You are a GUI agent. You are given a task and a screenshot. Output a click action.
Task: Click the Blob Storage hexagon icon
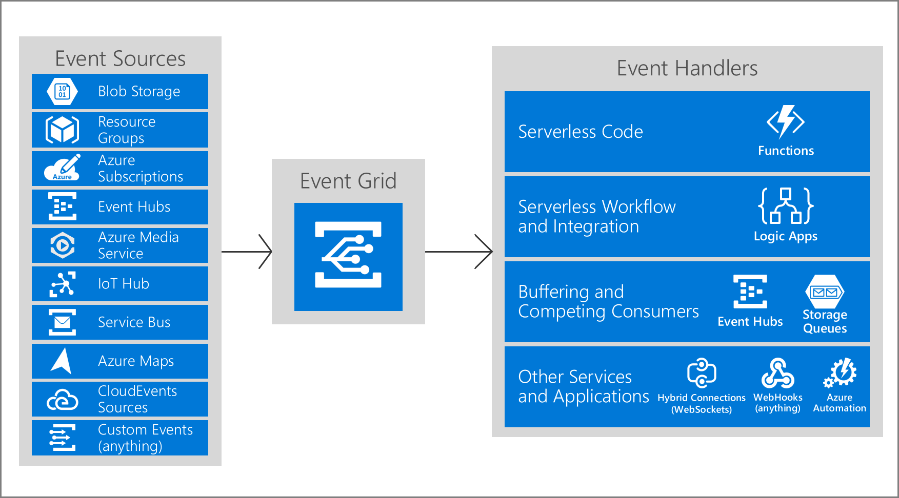(62, 92)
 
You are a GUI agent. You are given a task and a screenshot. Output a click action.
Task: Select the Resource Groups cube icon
(62, 130)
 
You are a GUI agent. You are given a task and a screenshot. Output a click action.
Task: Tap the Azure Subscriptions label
(140, 169)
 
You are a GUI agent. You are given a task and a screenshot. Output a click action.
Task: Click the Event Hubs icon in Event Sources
(62, 206)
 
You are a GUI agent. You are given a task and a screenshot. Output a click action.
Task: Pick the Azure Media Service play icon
(62, 245)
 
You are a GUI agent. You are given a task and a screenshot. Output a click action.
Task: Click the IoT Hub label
(123, 284)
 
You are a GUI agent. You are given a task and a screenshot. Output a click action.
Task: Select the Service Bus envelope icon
(62, 322)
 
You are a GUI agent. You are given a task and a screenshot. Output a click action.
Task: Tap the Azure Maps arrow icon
(62, 361)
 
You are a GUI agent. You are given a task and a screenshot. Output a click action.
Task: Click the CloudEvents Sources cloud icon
(62, 400)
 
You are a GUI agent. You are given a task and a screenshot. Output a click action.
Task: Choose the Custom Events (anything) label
(145, 438)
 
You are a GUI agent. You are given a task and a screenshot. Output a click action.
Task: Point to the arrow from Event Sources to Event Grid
(247, 252)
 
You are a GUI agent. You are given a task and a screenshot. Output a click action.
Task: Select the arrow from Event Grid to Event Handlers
(459, 252)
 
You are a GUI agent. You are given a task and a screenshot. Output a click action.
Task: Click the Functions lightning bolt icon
(785, 122)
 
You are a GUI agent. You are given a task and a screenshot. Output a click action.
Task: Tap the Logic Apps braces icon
(785, 206)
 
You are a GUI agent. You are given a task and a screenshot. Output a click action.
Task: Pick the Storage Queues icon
(825, 292)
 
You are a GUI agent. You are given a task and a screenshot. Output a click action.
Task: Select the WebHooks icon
(777, 373)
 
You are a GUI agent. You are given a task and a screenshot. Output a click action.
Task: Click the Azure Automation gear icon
(840, 373)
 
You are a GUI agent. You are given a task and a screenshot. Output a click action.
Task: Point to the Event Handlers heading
(687, 68)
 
